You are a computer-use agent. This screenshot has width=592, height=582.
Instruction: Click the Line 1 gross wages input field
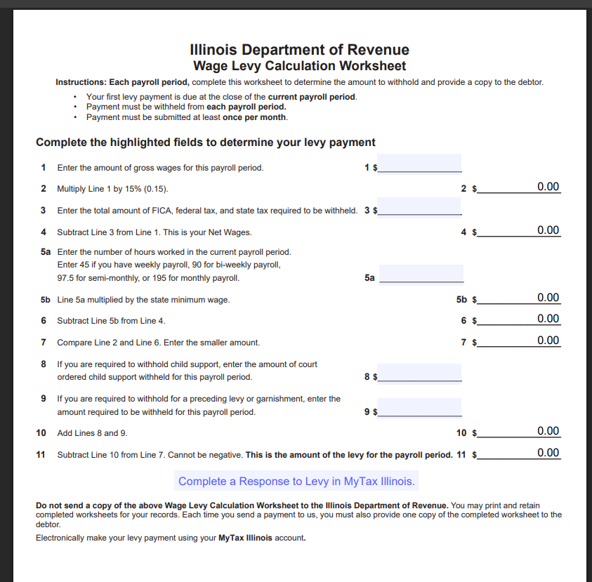click(x=420, y=164)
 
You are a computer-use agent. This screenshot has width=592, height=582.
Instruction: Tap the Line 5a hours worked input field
click(x=421, y=274)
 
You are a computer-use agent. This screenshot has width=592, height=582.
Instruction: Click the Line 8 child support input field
click(x=420, y=373)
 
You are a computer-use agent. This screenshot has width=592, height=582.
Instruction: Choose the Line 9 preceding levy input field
click(x=420, y=407)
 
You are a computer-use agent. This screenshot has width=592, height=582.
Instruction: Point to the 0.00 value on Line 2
click(x=548, y=187)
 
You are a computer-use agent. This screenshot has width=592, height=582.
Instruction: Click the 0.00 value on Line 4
click(x=548, y=230)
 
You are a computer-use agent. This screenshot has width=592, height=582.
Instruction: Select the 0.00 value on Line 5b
click(x=548, y=298)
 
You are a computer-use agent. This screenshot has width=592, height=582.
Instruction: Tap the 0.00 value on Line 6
click(x=548, y=319)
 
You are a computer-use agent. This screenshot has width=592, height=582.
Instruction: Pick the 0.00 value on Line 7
click(x=548, y=340)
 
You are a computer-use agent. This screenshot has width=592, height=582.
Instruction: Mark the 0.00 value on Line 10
click(x=548, y=431)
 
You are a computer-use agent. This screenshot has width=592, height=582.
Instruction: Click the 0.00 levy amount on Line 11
click(x=548, y=453)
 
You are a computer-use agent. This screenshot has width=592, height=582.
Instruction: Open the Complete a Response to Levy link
click(x=296, y=481)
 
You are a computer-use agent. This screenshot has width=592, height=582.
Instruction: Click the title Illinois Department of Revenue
click(x=299, y=50)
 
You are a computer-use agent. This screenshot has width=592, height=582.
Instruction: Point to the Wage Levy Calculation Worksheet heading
click(x=299, y=66)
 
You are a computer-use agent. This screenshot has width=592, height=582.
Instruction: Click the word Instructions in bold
click(x=81, y=82)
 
